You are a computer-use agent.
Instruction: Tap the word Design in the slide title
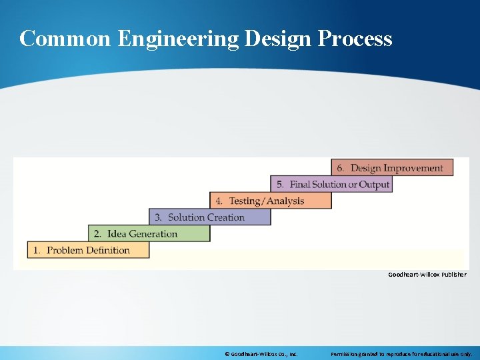pyautogui.click(x=277, y=39)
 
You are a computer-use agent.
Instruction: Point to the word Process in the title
pyautogui.click(x=355, y=39)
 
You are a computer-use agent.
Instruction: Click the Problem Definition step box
pyautogui.click(x=88, y=250)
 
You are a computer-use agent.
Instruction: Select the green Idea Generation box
pyautogui.click(x=149, y=233)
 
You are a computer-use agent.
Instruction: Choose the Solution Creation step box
pyautogui.click(x=209, y=217)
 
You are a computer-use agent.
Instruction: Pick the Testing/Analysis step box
pyautogui.click(x=271, y=201)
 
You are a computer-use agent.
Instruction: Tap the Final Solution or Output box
pyautogui.click(x=331, y=184)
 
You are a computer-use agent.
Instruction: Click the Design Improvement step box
pyautogui.click(x=392, y=168)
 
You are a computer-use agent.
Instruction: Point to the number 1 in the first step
pyautogui.click(x=37, y=250)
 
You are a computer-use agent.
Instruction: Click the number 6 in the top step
pyautogui.click(x=340, y=168)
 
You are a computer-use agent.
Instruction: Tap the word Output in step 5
pyautogui.click(x=373, y=184)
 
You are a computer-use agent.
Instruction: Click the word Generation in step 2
pyautogui.click(x=153, y=233)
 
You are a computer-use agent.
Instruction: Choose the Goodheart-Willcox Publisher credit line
pyautogui.click(x=427, y=275)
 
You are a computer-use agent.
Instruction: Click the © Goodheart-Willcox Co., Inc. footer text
pyautogui.click(x=261, y=354)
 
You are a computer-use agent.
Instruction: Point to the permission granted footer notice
pyautogui.click(x=401, y=354)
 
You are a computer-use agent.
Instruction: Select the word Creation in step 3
pyautogui.click(x=225, y=217)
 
